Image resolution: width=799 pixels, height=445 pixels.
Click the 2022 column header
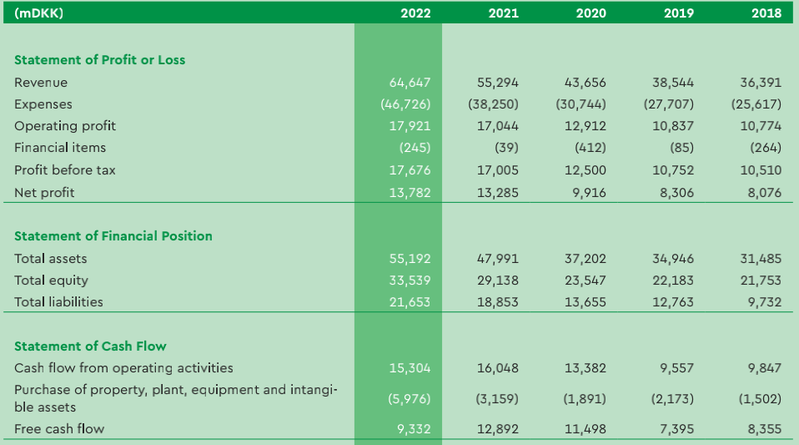[415, 13]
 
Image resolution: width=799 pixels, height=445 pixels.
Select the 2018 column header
[766, 13]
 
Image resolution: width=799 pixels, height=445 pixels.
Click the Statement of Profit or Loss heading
[100, 60]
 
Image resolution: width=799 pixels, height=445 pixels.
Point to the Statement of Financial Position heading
[113, 236]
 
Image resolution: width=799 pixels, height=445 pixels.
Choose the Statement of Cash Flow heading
[90, 346]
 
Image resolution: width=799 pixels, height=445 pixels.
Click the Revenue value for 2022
[410, 83]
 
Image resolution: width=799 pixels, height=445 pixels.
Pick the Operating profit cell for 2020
[586, 126]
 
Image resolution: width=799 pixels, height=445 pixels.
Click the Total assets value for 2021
[498, 259]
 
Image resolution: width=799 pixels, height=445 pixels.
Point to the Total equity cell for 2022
[410, 281]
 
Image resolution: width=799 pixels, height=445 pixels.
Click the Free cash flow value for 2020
[585, 429]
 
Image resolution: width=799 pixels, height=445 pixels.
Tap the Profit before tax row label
[65, 170]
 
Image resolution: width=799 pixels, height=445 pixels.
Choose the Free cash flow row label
[59, 429]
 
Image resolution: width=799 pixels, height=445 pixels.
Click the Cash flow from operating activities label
[123, 368]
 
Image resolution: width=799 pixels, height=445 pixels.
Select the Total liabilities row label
[58, 302]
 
